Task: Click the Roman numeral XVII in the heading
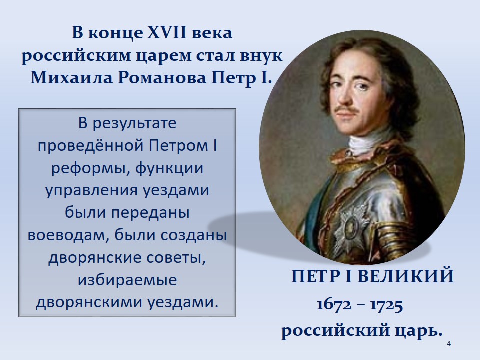167,33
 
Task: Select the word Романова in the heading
162,78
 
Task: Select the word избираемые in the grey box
127,280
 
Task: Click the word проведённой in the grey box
91,146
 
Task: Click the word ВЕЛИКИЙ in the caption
405,276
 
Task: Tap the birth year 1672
334,305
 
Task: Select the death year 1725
386,305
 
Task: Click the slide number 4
449,344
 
